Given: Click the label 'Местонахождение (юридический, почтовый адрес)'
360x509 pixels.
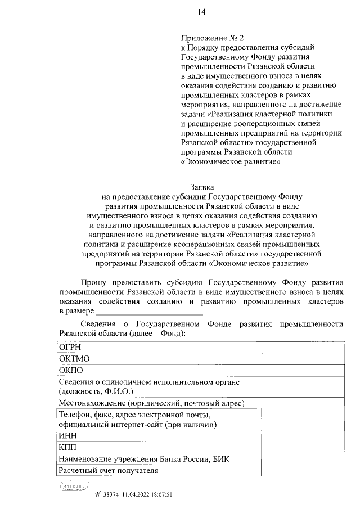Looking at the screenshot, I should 151,403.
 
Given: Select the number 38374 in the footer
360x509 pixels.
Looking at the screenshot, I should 111,495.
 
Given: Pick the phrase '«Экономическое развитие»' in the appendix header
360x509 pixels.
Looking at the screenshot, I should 231,162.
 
